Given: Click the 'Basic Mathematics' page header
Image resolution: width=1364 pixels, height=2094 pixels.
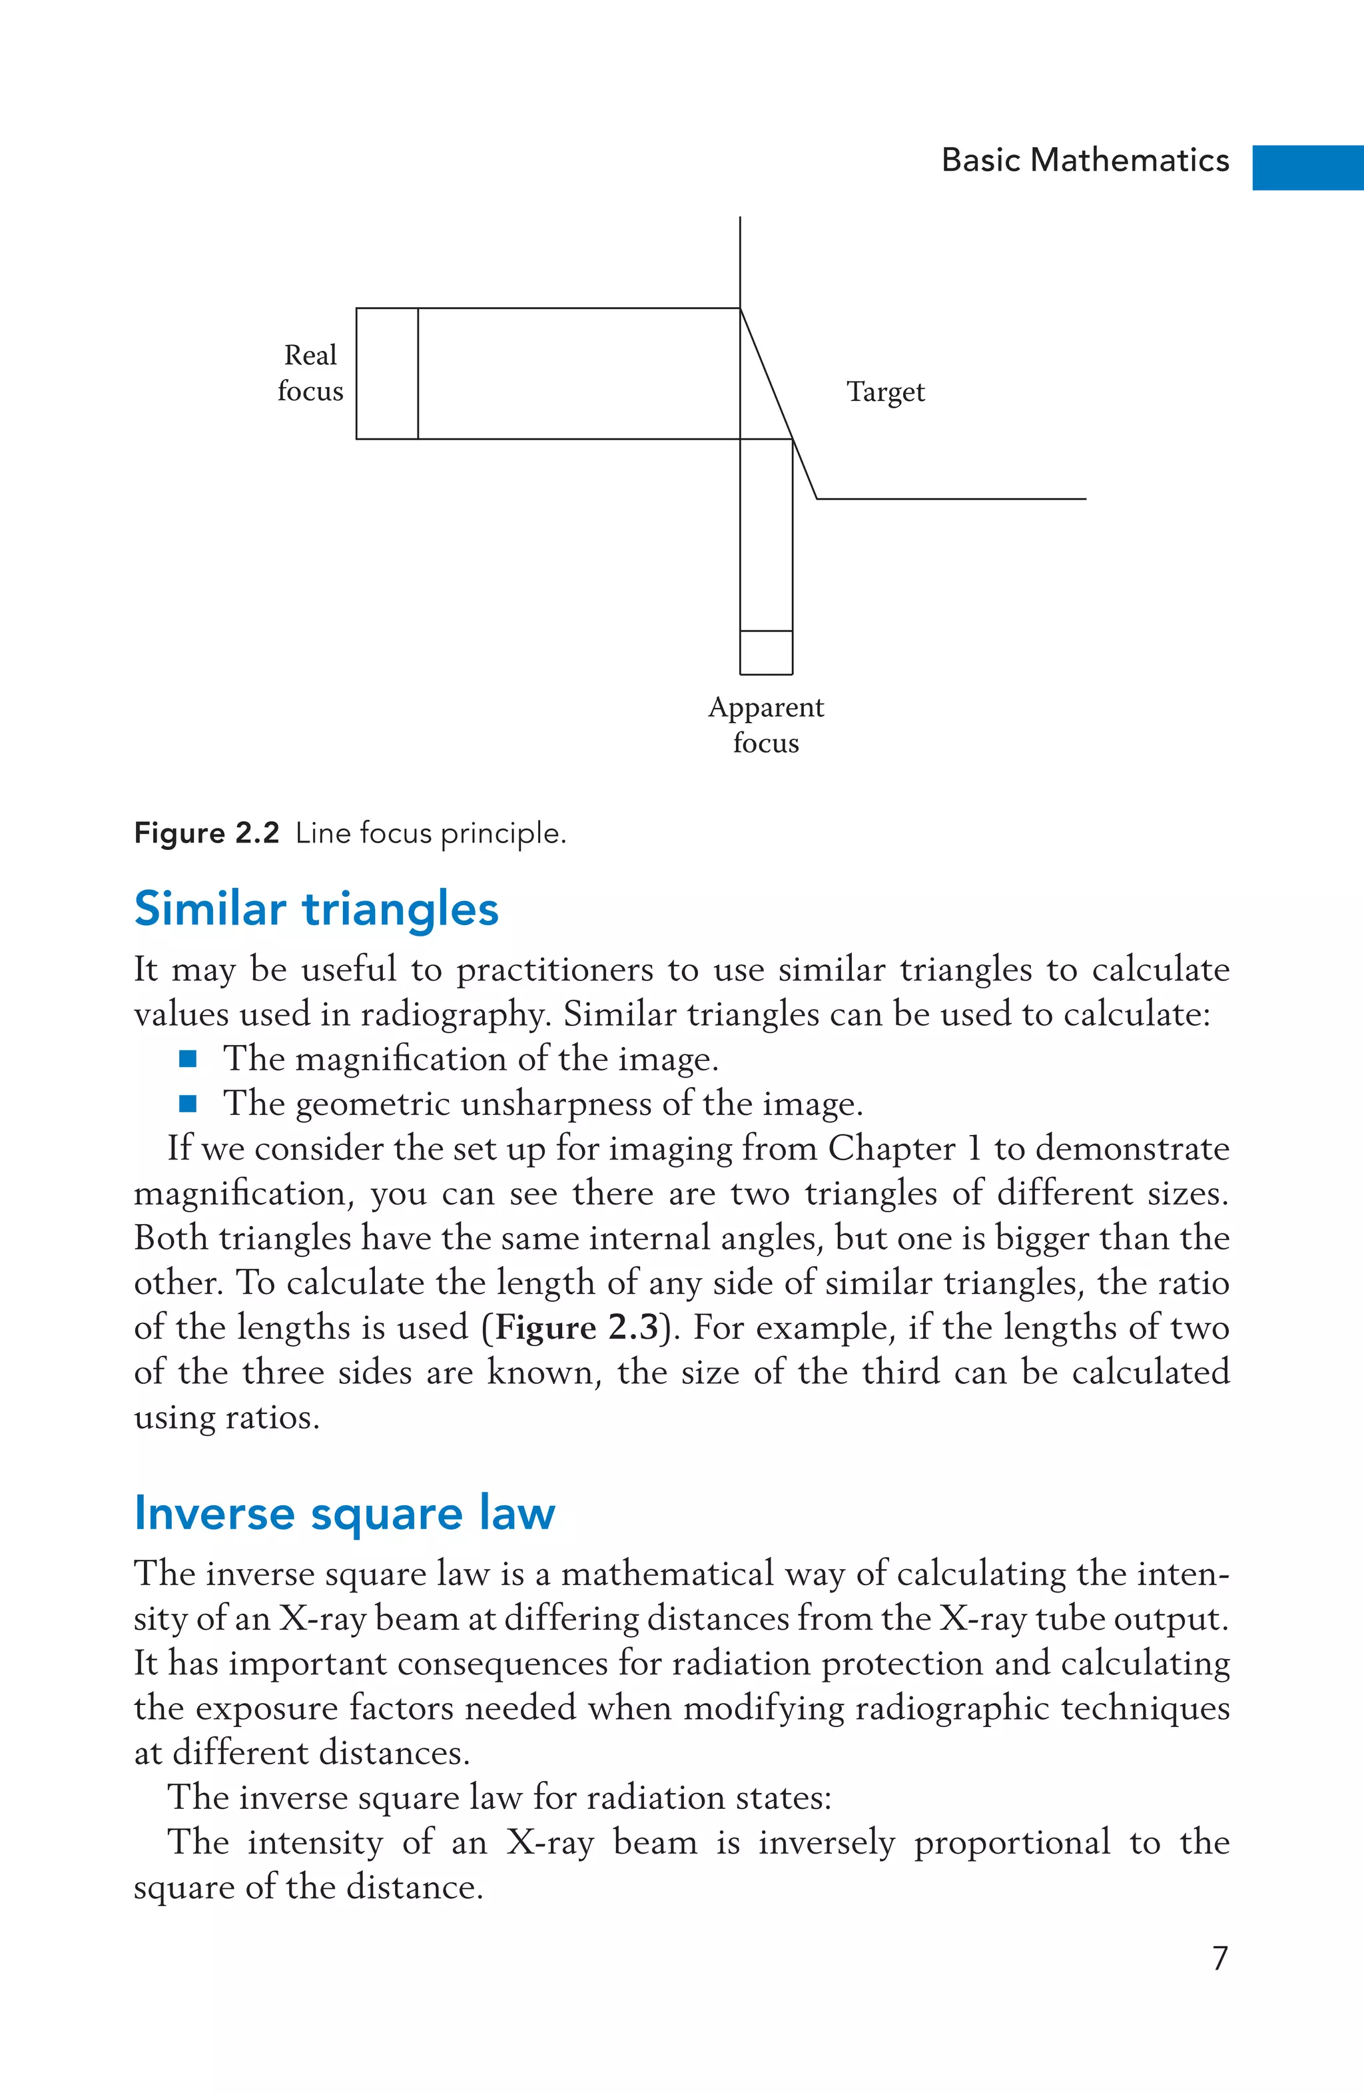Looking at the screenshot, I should point(1084,160).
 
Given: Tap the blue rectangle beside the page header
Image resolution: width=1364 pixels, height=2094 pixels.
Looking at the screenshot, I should point(1307,167).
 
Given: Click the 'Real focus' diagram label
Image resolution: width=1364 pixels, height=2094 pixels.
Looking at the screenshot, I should point(310,373).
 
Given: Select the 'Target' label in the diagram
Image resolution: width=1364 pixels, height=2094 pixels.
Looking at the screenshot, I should point(885,392).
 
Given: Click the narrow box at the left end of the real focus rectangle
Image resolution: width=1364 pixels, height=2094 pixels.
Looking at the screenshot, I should point(387,373).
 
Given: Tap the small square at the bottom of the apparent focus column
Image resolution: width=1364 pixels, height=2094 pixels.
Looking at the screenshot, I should point(766,653).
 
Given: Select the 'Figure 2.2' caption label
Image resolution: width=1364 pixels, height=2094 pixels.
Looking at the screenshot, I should point(206,833).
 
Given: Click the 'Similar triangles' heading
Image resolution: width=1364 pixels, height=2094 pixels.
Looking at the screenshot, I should point(316,909).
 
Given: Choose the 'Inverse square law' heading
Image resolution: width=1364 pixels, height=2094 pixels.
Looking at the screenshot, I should point(344,1513).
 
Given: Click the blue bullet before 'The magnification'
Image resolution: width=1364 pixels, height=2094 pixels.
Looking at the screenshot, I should point(187,1058).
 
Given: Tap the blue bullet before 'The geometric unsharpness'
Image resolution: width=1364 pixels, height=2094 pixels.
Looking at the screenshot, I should point(187,1104).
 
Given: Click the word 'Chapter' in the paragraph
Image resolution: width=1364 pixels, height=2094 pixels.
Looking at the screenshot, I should point(890,1149).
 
